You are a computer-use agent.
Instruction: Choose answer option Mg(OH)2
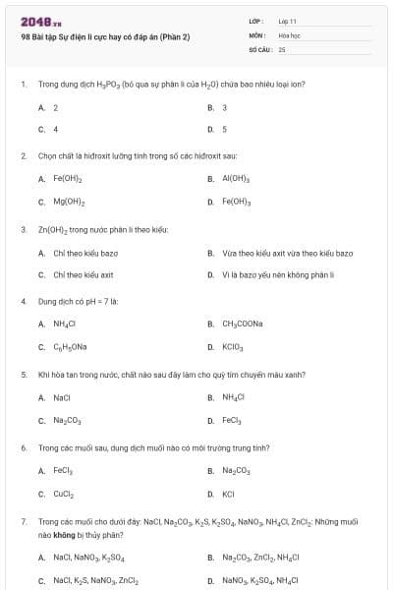point(68,202)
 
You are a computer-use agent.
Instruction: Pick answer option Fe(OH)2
point(68,179)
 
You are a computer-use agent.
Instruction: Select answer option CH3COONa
point(242,324)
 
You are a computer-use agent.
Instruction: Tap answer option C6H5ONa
point(70,347)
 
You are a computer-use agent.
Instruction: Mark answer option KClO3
point(232,347)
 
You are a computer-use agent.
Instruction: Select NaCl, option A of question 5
point(61,397)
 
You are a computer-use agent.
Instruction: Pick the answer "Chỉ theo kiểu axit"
point(84,274)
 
